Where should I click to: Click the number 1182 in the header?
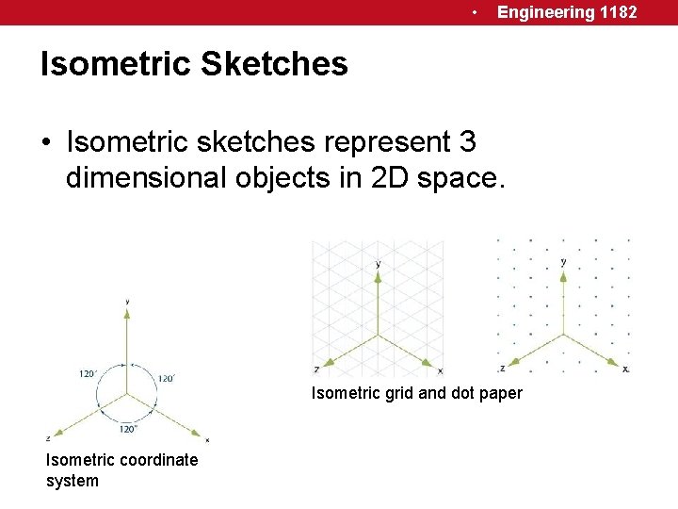click(619, 12)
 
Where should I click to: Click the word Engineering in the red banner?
click(546, 12)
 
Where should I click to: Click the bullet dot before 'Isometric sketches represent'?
click(46, 144)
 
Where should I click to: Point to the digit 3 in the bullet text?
click(467, 142)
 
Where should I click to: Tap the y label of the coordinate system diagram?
click(127, 303)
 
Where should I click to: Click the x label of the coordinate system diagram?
click(207, 439)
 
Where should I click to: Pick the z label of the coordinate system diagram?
click(47, 438)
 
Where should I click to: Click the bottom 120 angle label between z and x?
click(127, 429)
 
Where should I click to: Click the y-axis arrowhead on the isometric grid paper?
click(378, 275)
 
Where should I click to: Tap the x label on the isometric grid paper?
click(440, 370)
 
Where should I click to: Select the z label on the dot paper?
click(503, 368)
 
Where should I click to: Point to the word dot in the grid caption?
click(464, 393)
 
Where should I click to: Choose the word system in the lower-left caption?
click(72, 481)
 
